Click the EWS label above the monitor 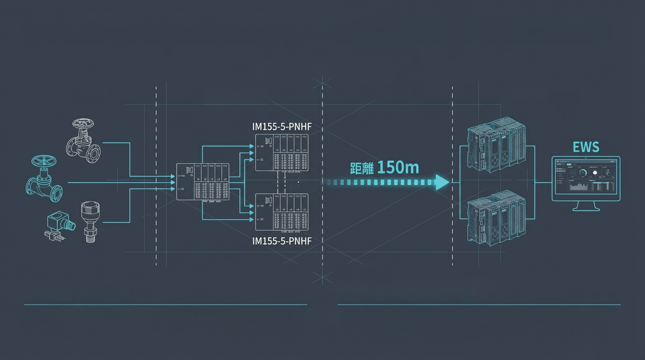tap(586, 147)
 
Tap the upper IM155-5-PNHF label tap(282, 127)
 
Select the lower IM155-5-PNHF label tap(282, 241)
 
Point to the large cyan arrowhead tap(442, 182)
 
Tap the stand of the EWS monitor tap(586, 206)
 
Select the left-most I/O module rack tap(202, 182)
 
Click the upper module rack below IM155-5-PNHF tap(282, 152)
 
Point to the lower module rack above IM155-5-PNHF tap(282, 212)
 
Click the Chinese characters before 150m tap(362, 168)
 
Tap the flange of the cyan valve tap(56, 193)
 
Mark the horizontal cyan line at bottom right tap(479, 305)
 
